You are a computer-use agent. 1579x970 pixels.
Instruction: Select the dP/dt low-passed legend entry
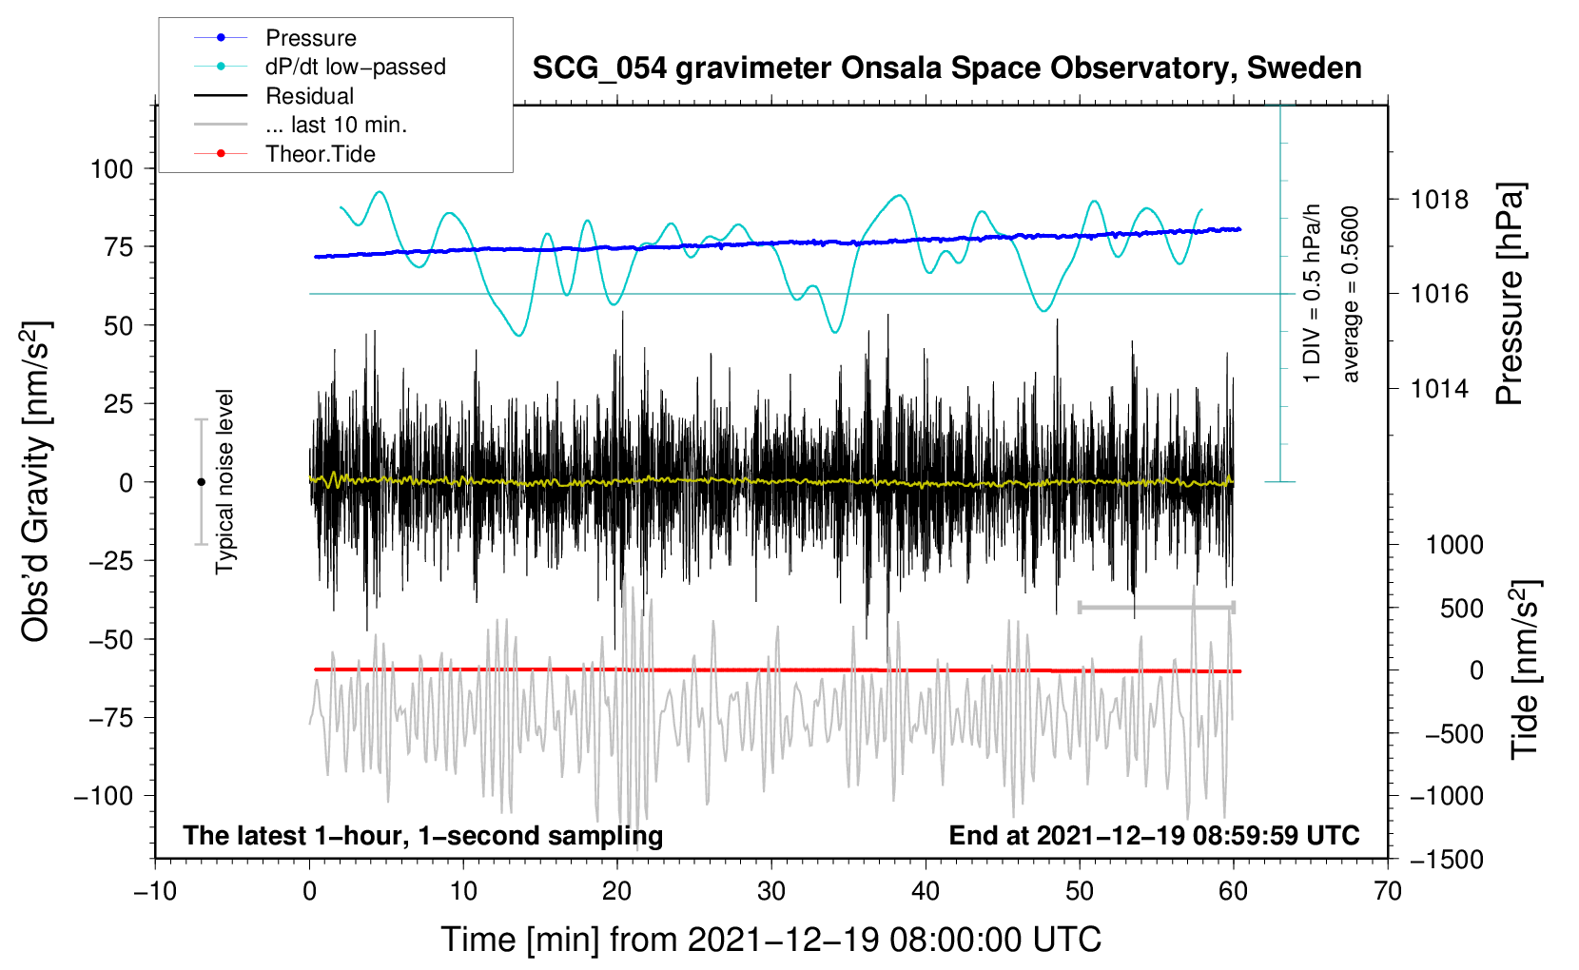355,67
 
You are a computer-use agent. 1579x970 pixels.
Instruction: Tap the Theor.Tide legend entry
320,154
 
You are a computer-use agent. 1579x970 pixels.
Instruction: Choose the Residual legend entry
309,96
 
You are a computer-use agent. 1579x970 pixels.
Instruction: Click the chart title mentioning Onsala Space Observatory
946,68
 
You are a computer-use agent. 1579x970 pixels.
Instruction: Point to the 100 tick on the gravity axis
111,169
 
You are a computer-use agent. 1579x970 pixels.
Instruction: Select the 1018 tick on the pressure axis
1439,200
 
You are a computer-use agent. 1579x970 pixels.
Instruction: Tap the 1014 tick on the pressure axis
1439,388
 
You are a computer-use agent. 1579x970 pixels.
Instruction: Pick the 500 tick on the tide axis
1461,609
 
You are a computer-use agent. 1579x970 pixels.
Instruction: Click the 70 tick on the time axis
1388,892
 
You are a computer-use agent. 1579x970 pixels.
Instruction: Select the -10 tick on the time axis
155,892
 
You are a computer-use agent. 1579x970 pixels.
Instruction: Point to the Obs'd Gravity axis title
36,482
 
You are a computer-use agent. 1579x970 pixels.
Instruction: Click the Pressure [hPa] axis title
1511,295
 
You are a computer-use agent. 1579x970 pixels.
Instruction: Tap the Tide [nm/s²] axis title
1525,670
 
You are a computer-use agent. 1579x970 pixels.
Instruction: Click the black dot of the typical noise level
201,482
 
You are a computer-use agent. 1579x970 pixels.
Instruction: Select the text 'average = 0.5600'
1351,295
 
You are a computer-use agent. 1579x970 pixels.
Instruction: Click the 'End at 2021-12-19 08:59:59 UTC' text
1154,836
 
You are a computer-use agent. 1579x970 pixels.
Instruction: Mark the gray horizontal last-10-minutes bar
1157,607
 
